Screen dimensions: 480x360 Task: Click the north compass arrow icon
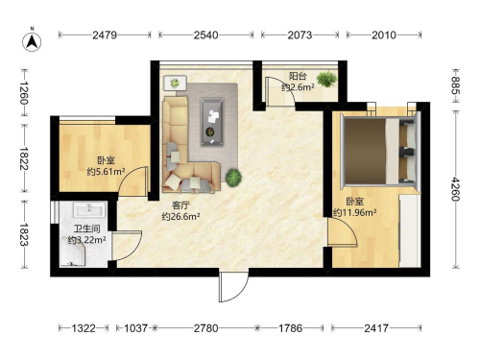(x=32, y=41)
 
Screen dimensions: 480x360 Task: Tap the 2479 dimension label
(x=105, y=35)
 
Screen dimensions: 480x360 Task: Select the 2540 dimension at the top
(x=205, y=35)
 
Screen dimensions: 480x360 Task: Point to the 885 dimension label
(x=455, y=85)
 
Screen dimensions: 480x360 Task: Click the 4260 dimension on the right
(x=455, y=189)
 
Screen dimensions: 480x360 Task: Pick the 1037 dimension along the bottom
(x=135, y=328)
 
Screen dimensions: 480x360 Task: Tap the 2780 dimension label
(x=206, y=328)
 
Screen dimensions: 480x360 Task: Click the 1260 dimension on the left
(x=24, y=93)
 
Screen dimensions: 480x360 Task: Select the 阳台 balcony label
(x=298, y=76)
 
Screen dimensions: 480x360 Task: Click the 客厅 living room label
(x=180, y=205)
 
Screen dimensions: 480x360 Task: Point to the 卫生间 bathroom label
(x=87, y=228)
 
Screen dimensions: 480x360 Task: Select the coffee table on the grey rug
(x=212, y=122)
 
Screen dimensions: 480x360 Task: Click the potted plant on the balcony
(x=326, y=79)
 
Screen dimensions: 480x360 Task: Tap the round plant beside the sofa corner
(x=233, y=178)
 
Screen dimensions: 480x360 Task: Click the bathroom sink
(x=89, y=210)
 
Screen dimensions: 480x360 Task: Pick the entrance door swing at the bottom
(x=233, y=286)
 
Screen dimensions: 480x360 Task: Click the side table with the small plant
(x=175, y=83)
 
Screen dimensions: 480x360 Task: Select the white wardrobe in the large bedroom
(x=410, y=230)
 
